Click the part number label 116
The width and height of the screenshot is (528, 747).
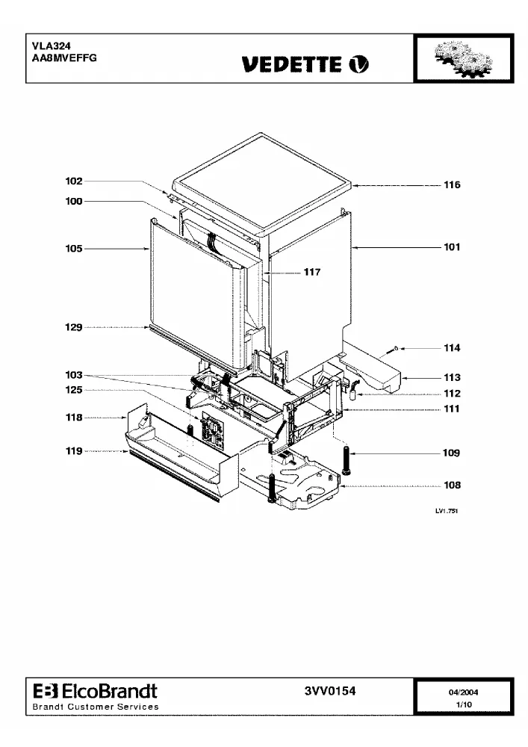(452, 185)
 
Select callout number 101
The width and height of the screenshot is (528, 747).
(452, 247)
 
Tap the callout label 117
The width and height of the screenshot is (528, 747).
(312, 272)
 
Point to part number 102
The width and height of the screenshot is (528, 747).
(74, 181)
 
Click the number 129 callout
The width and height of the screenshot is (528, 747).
(74, 327)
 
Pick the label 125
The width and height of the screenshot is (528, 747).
(74, 390)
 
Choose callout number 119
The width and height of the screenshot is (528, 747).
(74, 450)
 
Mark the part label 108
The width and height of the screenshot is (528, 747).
(452, 485)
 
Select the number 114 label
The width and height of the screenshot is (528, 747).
(452, 348)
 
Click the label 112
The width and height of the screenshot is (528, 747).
(452, 393)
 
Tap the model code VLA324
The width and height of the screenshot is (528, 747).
(52, 46)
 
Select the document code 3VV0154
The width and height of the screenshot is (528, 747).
(330, 691)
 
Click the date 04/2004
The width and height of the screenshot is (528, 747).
(463, 692)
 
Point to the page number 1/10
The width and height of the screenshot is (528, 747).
(464, 704)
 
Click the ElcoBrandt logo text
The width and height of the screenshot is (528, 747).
(96, 691)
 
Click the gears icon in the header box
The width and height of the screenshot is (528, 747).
(464, 58)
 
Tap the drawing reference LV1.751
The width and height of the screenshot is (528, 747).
(447, 511)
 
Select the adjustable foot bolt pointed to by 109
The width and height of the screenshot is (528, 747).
(346, 459)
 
